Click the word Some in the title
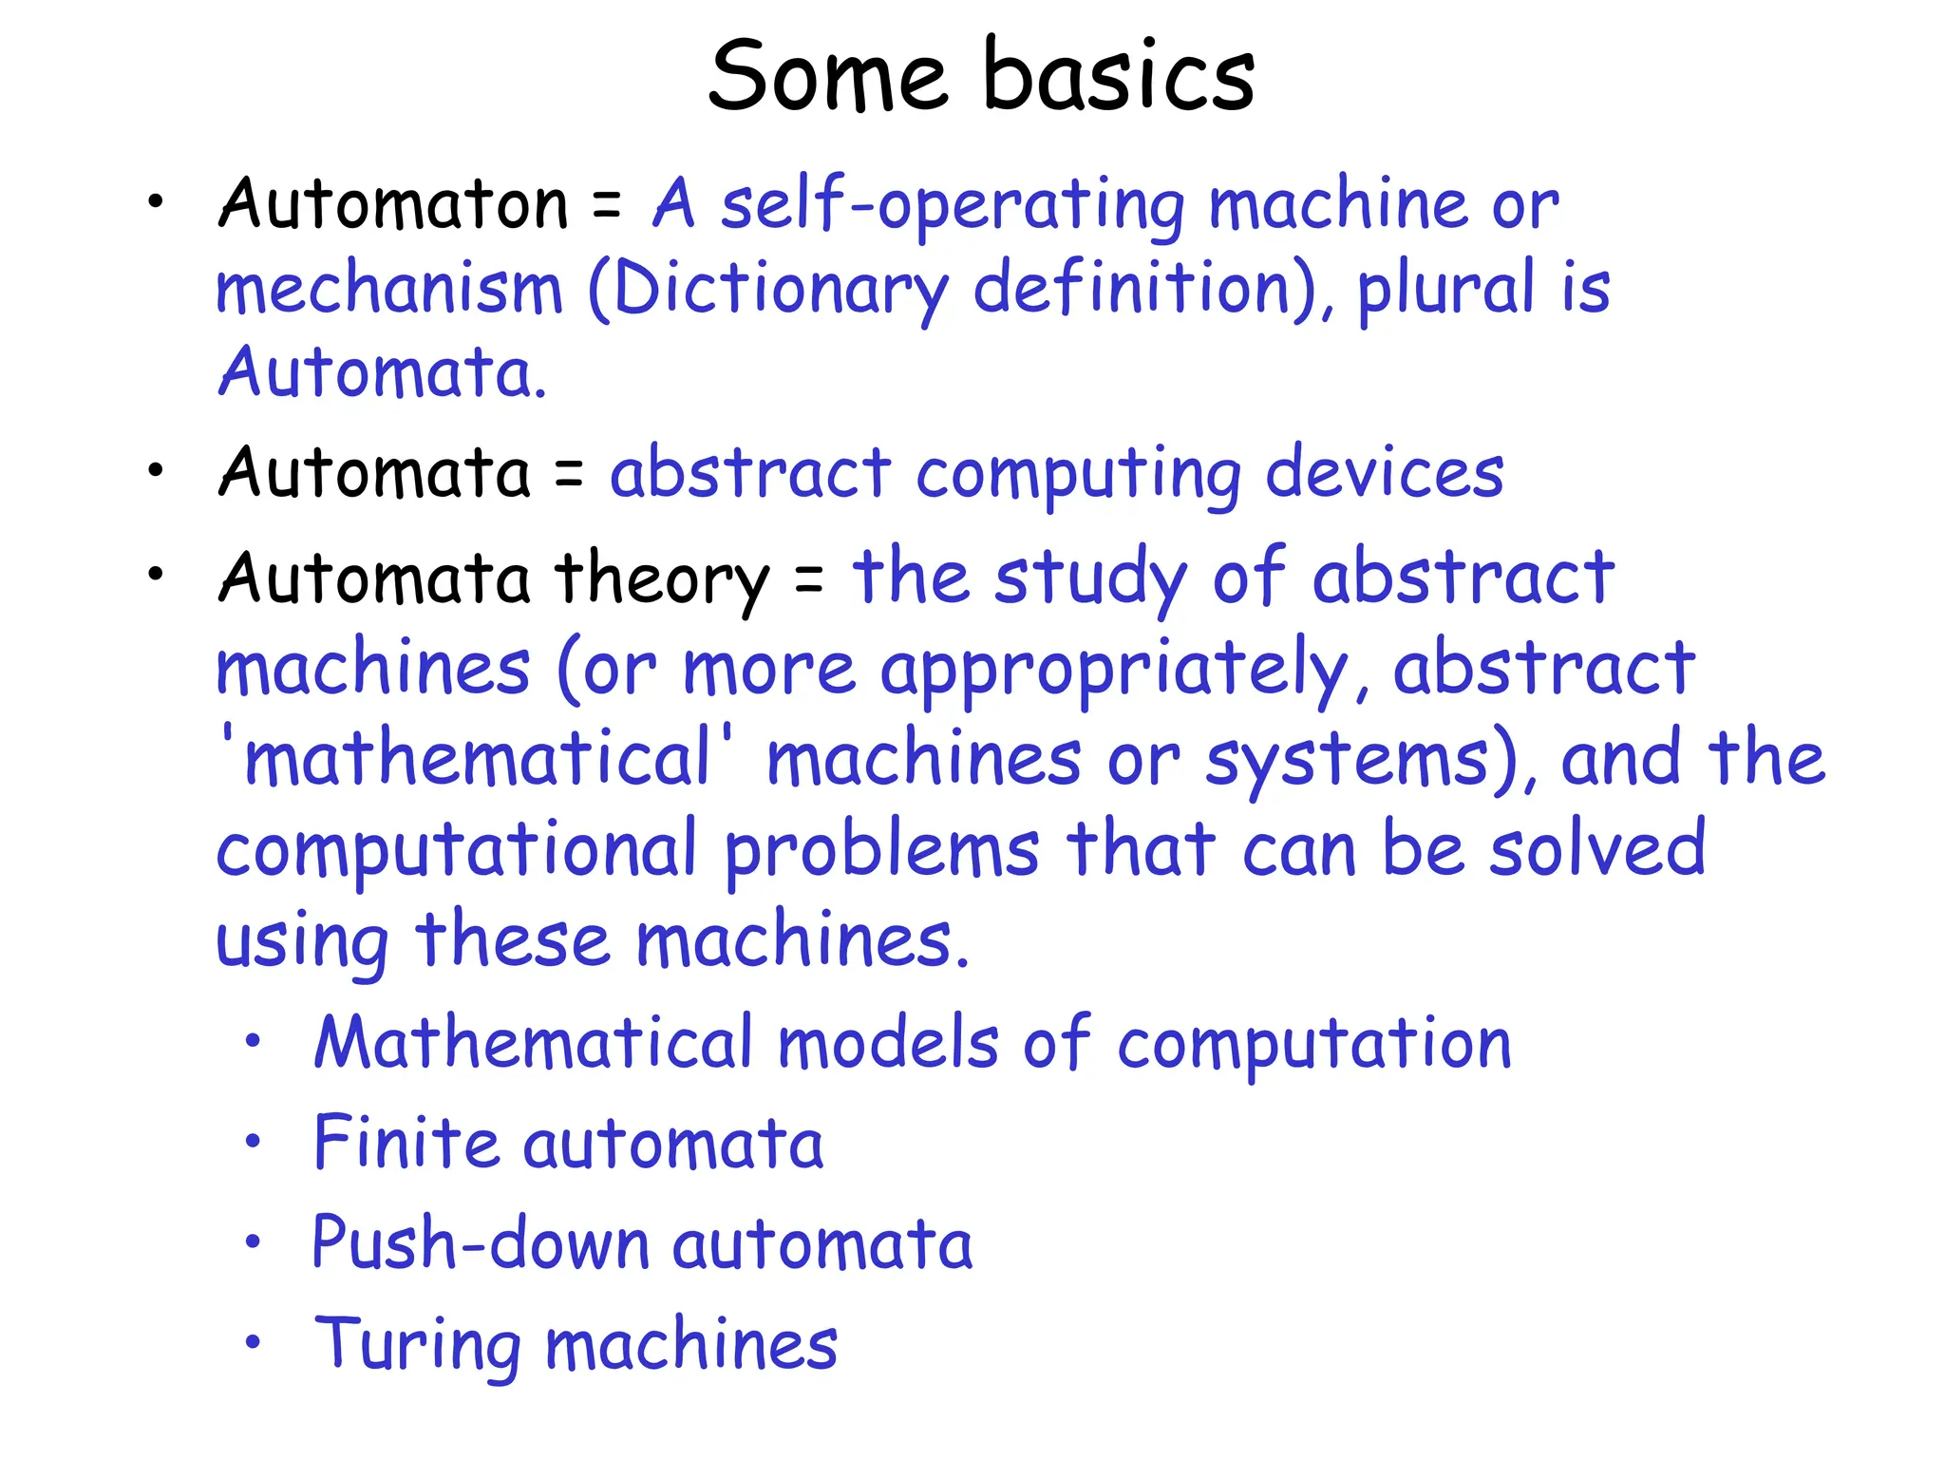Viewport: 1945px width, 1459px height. pos(827,76)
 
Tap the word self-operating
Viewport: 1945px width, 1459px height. pos(953,205)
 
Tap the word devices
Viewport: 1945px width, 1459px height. pos(1385,473)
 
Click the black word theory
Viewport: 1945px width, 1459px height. pos(662,578)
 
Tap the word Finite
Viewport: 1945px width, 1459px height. pos(406,1143)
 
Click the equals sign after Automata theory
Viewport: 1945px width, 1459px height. pos(809,578)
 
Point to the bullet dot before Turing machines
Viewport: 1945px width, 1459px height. pos(252,1342)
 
